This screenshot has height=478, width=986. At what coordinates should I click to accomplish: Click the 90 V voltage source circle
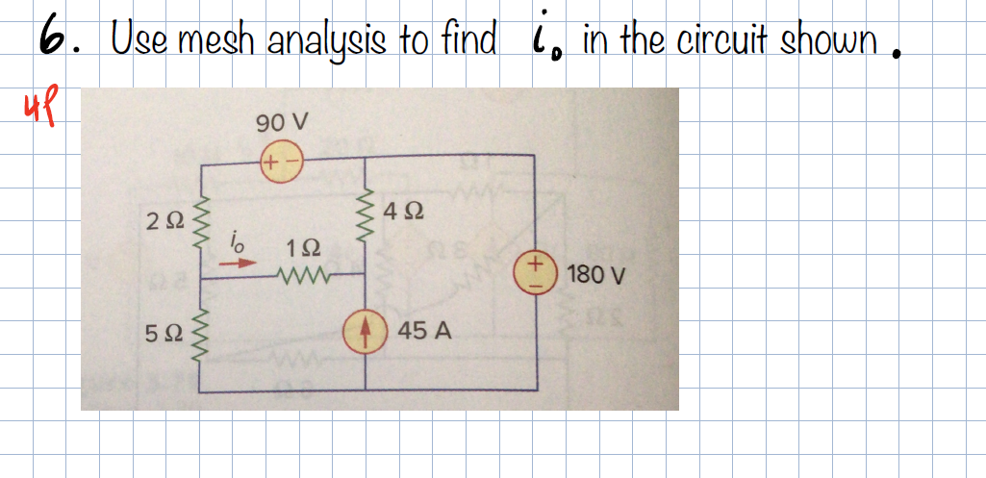tap(280, 163)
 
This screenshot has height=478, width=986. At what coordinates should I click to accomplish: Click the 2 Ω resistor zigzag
tap(202, 222)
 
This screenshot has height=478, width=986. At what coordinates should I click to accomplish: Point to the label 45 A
tap(424, 332)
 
